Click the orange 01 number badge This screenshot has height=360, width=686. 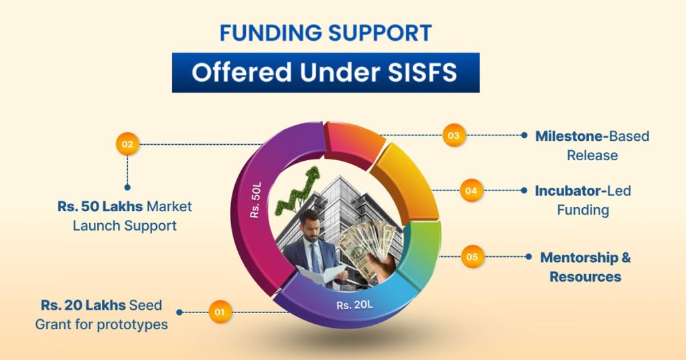tap(219, 312)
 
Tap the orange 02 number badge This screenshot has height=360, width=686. tap(127, 143)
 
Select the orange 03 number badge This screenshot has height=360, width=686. tap(454, 135)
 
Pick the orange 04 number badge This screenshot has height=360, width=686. tap(471, 190)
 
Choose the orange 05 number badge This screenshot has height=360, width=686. tap(472, 257)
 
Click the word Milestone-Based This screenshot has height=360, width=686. tap(592, 136)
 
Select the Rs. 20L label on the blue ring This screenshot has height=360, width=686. tap(354, 305)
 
